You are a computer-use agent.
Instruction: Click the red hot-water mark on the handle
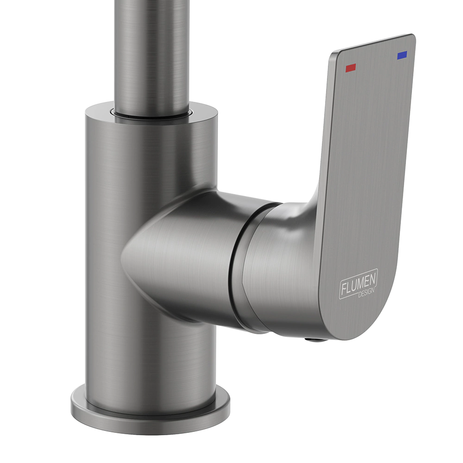[x=350, y=68]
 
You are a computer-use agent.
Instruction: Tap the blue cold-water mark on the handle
[x=402, y=55]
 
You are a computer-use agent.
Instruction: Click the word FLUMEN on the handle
[x=358, y=283]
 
